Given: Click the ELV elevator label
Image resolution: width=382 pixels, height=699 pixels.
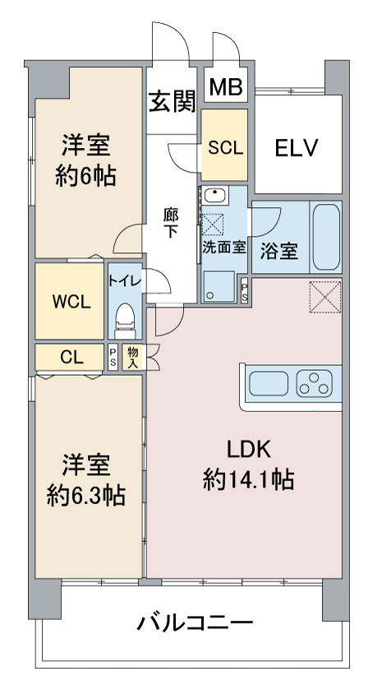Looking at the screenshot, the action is tap(296, 148).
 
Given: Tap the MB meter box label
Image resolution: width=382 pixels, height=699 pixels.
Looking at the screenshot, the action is tap(226, 87).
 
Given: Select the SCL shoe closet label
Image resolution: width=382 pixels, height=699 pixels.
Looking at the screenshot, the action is tap(226, 148).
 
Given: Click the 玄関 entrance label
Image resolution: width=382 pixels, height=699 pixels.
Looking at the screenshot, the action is tap(172, 102).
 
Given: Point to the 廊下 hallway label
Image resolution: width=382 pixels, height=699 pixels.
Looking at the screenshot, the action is tap(171, 225).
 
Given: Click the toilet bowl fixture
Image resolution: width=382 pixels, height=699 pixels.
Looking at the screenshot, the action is tap(125, 321).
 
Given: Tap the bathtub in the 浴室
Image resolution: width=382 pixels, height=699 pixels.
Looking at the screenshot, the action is tap(325, 237).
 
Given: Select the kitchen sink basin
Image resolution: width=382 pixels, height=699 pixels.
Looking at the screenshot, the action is tap(268, 383).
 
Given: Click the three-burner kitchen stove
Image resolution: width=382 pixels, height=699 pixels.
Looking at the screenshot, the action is tap(315, 383).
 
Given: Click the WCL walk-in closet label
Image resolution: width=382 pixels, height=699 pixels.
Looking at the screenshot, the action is tap(71, 302).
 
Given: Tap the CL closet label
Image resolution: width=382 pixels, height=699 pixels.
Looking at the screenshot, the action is tap(71, 357).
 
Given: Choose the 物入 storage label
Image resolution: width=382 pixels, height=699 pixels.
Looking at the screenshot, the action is tap(133, 357).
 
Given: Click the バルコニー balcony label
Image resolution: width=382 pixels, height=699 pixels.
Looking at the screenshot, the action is tap(195, 623).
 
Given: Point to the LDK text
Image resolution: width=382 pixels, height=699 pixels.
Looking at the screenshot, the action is tap(249, 451).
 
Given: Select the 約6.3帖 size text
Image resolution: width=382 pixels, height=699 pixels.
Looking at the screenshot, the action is tap(85, 495).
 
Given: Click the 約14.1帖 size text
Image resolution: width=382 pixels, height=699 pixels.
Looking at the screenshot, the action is tap(248, 481).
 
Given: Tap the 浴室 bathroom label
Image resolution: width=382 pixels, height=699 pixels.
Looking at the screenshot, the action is tap(278, 252).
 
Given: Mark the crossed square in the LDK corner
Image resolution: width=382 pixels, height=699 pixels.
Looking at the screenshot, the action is tap(325, 297).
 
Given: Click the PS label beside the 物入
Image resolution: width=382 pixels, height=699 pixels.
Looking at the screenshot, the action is tap(113, 357).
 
